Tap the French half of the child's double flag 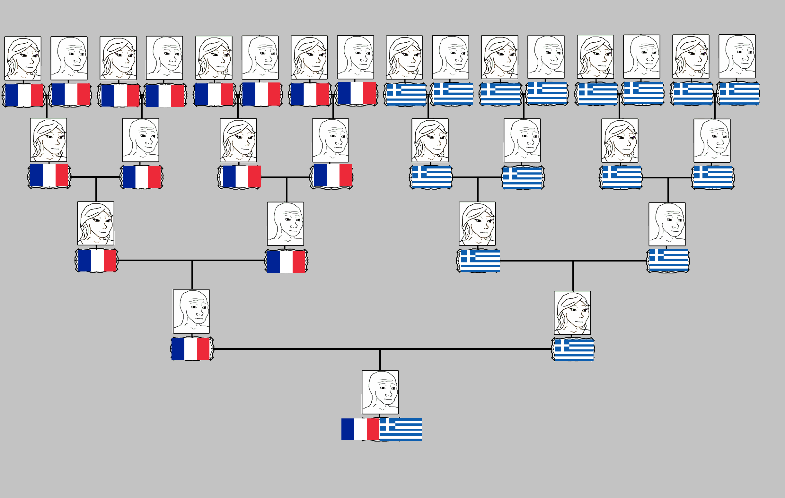360,429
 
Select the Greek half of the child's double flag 401,429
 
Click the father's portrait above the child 191,311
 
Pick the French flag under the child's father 192,349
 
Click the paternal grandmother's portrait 96,223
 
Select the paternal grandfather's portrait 286,224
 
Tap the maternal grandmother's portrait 477,224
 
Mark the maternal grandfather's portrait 667,224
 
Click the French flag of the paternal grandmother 97,260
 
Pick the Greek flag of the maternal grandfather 668,261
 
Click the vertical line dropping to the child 380,360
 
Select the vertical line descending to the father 192,275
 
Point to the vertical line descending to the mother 573,275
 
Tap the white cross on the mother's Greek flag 558,348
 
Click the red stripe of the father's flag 203,349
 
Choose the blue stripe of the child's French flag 348,429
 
